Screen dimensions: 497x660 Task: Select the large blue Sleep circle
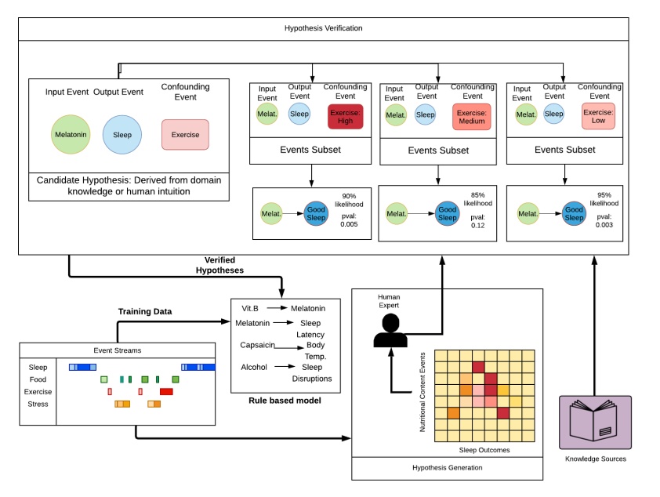(122, 134)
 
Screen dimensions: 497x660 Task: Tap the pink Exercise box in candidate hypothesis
(185, 134)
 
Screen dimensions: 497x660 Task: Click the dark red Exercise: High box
(346, 117)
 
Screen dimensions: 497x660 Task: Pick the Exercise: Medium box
(471, 117)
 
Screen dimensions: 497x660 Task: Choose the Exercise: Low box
(599, 117)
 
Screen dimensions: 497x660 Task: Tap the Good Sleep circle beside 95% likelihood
(574, 213)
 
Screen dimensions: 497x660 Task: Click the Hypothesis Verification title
(323, 28)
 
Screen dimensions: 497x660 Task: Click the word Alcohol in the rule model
(254, 366)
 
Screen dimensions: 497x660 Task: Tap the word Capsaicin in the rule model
(258, 344)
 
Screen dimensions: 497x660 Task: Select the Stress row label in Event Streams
(38, 404)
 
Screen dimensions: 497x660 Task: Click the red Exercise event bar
(166, 391)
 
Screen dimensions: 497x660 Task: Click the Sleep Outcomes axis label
(485, 451)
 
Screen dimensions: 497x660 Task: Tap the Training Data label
(144, 311)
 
